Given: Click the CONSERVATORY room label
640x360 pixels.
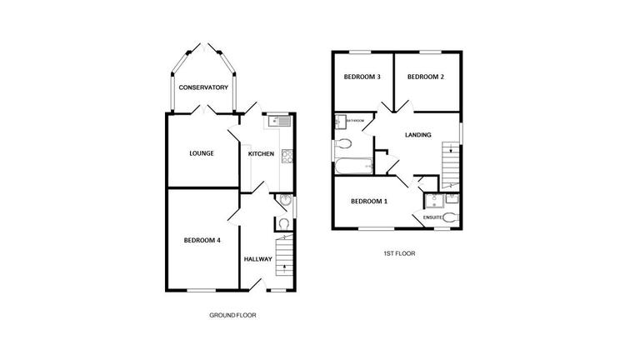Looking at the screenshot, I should click(x=203, y=87).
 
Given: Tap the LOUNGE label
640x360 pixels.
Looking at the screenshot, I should click(x=201, y=153).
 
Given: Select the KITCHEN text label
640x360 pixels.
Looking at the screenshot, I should click(x=261, y=154).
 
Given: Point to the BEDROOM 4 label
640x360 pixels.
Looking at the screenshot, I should click(x=202, y=241).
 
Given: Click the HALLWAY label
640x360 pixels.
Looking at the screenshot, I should click(x=258, y=259).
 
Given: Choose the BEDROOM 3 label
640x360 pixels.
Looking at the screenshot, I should click(x=362, y=77).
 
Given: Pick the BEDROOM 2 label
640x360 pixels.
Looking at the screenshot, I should click(x=424, y=77).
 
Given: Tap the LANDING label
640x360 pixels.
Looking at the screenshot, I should click(x=417, y=135).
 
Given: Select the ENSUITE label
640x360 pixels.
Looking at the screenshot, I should click(x=432, y=217).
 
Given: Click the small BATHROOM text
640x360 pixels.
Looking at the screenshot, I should click(x=354, y=122).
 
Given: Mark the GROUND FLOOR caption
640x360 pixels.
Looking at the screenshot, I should click(x=232, y=316).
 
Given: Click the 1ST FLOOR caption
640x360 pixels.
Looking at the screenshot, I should click(x=399, y=253).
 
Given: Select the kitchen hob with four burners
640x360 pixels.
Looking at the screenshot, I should click(x=287, y=154).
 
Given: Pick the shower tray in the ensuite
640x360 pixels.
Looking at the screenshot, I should click(x=432, y=199).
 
